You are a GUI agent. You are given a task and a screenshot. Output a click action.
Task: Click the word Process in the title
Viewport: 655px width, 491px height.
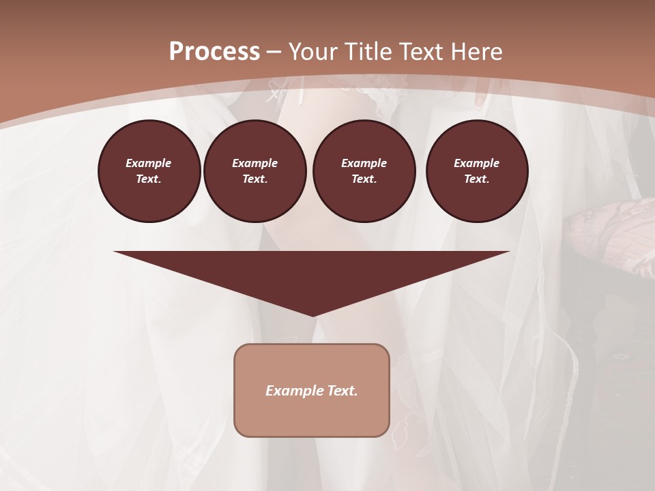[214, 52]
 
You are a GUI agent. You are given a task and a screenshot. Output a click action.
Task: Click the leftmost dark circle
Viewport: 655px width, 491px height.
[149, 171]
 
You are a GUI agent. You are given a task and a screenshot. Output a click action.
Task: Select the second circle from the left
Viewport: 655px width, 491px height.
[254, 171]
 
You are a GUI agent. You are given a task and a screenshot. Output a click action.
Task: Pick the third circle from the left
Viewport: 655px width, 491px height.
[364, 171]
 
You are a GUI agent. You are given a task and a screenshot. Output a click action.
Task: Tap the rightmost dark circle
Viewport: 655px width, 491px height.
[476, 171]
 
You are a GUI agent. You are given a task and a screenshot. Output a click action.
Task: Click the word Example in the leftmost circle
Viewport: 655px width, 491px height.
[149, 163]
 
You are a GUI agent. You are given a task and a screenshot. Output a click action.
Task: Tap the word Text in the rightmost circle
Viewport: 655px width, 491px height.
[476, 179]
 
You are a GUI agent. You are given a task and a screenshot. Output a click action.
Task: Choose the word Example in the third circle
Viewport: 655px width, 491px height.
[364, 163]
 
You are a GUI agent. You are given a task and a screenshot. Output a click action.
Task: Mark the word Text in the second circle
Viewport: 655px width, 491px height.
[254, 179]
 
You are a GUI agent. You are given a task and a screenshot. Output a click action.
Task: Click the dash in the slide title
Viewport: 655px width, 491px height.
[274, 52]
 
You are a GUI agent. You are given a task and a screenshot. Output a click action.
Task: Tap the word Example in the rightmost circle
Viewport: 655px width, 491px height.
[476, 163]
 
